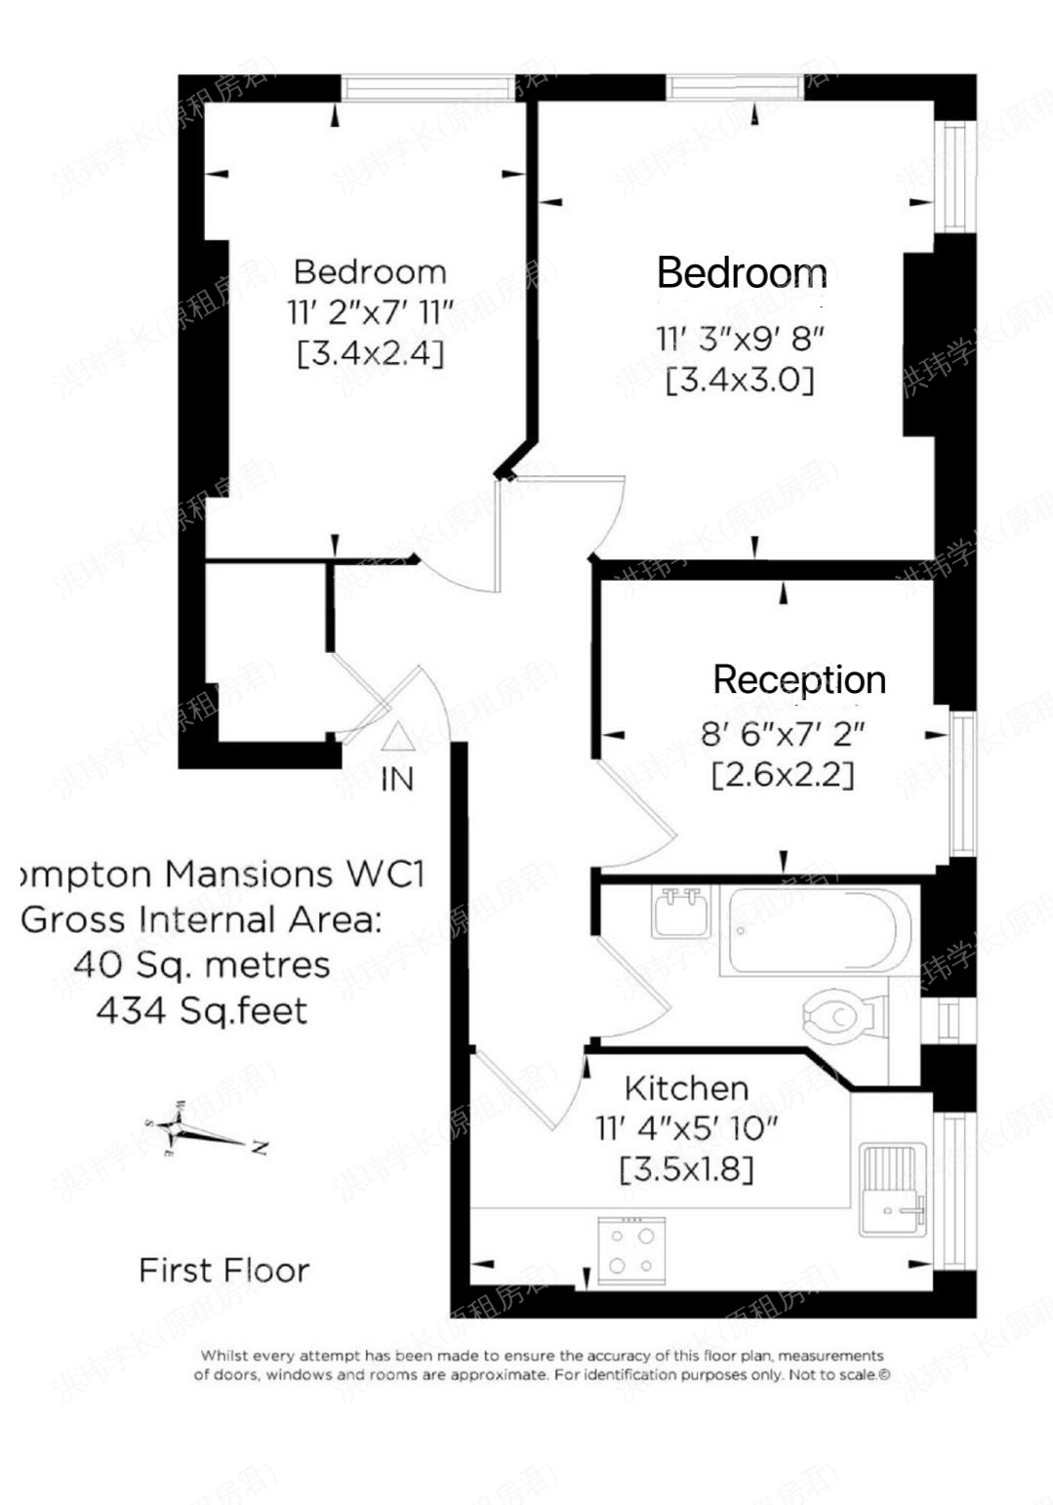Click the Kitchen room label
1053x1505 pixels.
[x=686, y=1087]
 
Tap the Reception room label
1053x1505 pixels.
[x=799, y=679]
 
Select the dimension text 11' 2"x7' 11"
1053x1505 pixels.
[x=371, y=312]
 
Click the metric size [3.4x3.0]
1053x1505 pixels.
[x=740, y=380]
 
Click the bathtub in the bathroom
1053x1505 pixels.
[x=818, y=931]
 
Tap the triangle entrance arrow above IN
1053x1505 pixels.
[x=397, y=738]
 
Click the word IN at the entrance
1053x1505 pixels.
[x=397, y=779]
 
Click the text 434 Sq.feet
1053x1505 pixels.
[x=202, y=1010]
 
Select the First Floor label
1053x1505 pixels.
[x=223, y=1270]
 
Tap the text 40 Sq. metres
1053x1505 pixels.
[x=202, y=965]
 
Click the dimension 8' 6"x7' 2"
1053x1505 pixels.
[x=783, y=733]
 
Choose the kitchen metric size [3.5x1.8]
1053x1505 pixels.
[x=686, y=1168]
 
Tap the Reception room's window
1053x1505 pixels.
[x=963, y=784]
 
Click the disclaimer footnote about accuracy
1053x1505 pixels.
[x=542, y=1364]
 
